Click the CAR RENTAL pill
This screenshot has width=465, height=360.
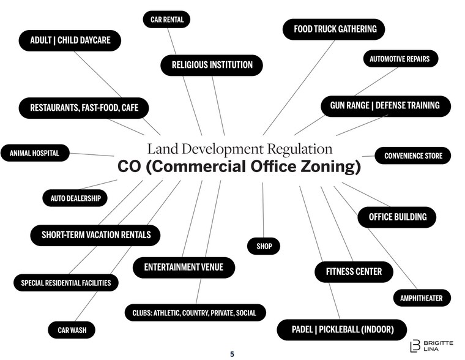(x=167, y=20)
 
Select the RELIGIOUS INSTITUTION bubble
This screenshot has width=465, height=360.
(x=212, y=65)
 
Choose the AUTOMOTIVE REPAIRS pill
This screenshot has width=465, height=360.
(x=400, y=59)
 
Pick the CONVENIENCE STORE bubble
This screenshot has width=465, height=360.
(x=413, y=156)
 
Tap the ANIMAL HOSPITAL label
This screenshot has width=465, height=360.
(x=34, y=153)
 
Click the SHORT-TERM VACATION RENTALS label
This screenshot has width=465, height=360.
(x=95, y=234)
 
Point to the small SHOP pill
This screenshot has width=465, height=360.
(x=264, y=246)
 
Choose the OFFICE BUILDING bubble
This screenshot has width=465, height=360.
(x=396, y=217)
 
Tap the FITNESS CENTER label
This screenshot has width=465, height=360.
(x=354, y=271)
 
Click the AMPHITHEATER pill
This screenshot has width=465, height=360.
(x=421, y=298)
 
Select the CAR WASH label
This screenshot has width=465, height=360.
(x=72, y=331)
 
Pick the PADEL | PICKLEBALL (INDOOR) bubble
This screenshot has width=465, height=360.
(x=341, y=330)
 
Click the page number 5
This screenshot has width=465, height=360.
(x=232, y=354)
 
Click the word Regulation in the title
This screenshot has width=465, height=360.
(x=299, y=149)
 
